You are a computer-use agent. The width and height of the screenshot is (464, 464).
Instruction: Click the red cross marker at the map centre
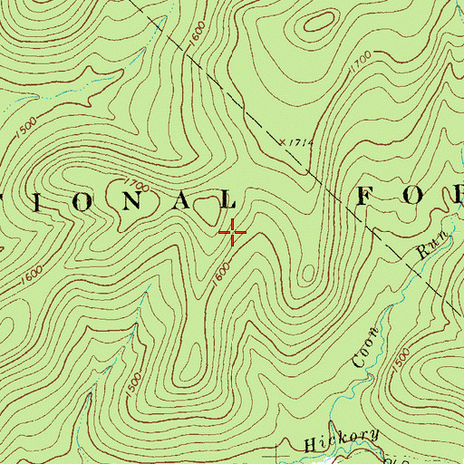(233, 233)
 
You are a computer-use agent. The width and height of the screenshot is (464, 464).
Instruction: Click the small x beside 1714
(282, 141)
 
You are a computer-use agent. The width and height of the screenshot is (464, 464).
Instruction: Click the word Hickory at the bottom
(342, 440)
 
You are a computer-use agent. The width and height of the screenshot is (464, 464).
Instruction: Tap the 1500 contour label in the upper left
(27, 121)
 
